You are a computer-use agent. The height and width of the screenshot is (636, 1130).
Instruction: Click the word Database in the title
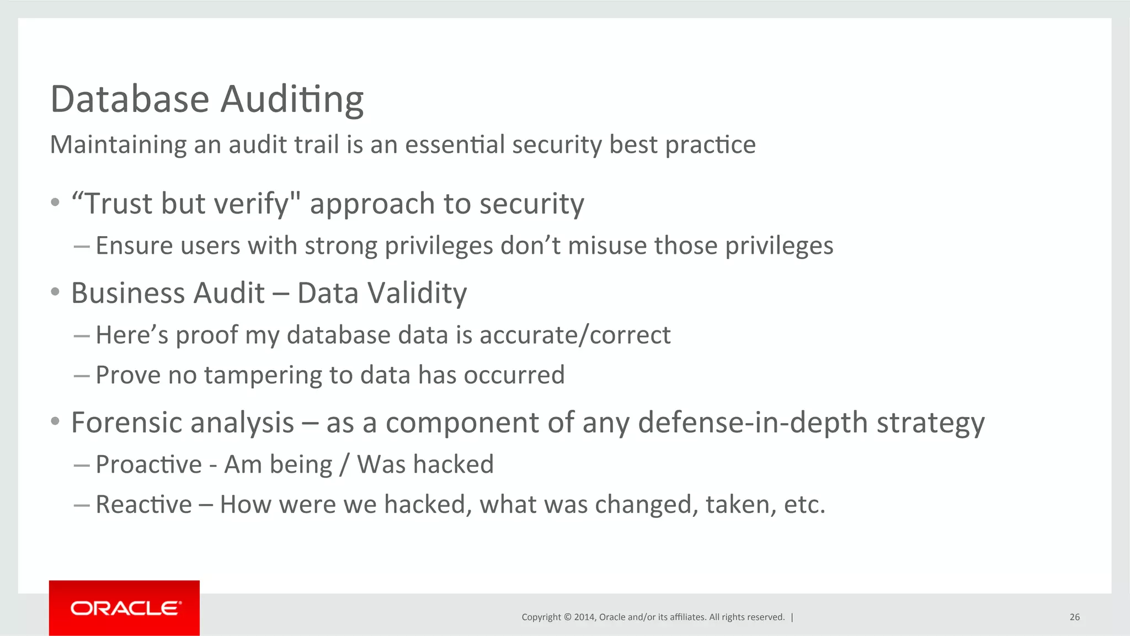(x=130, y=99)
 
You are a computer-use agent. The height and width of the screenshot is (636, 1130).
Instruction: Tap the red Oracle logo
(x=124, y=608)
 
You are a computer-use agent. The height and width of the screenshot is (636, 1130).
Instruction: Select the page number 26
(x=1074, y=617)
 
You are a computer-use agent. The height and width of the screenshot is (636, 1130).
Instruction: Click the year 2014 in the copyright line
(x=584, y=617)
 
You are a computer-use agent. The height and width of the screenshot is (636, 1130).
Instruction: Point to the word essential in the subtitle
(x=455, y=145)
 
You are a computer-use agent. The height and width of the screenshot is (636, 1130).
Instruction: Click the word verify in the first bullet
(x=252, y=204)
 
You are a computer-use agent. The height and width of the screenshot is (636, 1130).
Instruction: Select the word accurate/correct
(x=575, y=335)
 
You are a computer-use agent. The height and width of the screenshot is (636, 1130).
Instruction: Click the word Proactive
(x=148, y=464)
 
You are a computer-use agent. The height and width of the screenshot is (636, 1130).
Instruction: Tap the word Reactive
(x=143, y=505)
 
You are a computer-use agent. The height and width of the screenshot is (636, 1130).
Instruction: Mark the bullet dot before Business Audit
(x=55, y=292)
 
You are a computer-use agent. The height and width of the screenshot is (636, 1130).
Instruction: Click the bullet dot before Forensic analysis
(x=55, y=421)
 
